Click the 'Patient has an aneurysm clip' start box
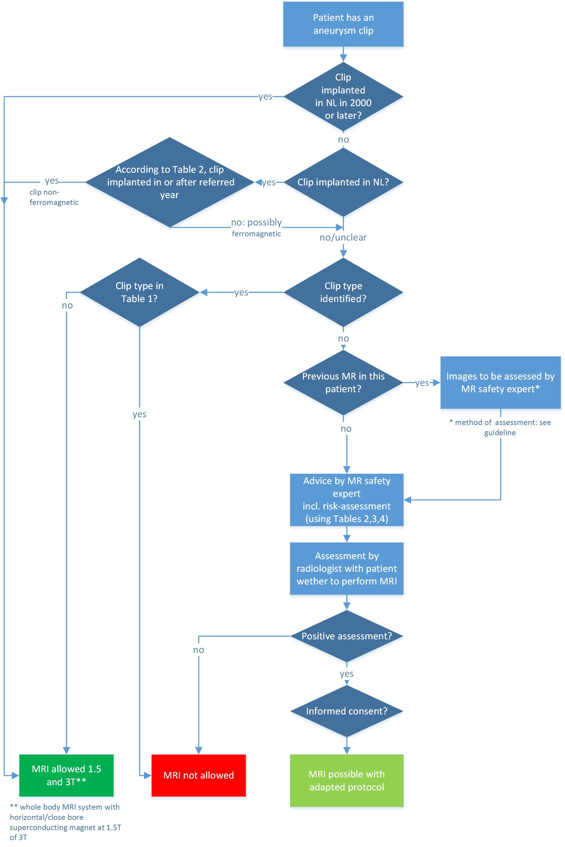[x=343, y=24]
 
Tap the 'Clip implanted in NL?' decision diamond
[x=343, y=182]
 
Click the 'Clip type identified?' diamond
[x=343, y=292]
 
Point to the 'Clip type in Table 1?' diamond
[x=139, y=292]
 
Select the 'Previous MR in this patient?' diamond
[x=343, y=383]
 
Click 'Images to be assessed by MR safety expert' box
[x=500, y=383]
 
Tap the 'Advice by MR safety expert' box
[x=347, y=500]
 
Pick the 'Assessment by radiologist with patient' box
[x=347, y=568]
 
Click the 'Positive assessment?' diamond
[x=347, y=636]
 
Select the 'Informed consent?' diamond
[x=347, y=711]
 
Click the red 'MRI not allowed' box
[x=198, y=775]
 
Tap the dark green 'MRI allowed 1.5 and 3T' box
[x=66, y=775]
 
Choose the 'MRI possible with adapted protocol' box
[x=347, y=781]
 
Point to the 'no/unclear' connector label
[x=343, y=237]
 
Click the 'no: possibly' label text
[x=257, y=222]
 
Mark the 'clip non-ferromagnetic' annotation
[x=54, y=197]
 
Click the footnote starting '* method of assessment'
[x=500, y=427]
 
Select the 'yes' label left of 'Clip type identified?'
[x=241, y=292]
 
